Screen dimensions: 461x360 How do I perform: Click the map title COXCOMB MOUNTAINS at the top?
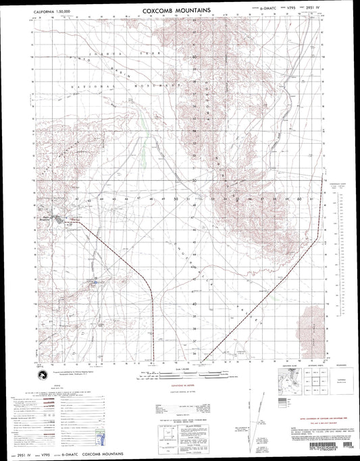[x=180, y=11]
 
